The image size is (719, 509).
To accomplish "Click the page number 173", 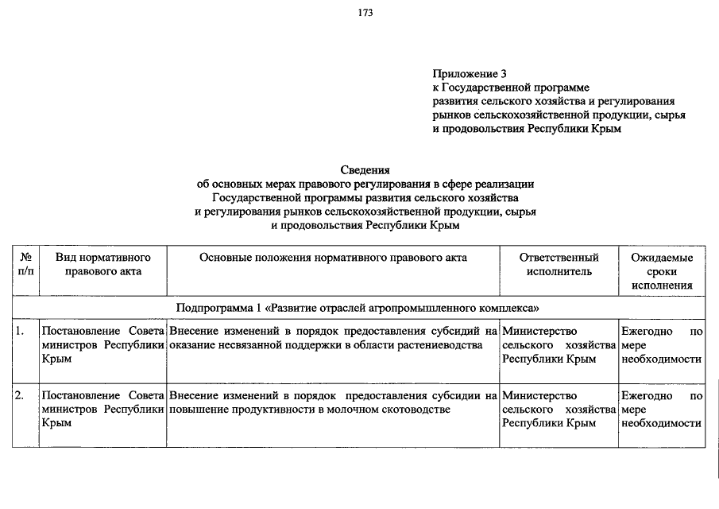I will [365, 13].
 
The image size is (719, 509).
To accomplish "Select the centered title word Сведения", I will [365, 170].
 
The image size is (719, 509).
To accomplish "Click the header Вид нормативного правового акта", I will [103, 264].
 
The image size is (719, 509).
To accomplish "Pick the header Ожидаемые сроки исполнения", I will [662, 271].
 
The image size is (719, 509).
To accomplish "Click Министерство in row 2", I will [539, 395].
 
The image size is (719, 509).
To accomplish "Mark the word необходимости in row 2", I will [662, 424].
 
